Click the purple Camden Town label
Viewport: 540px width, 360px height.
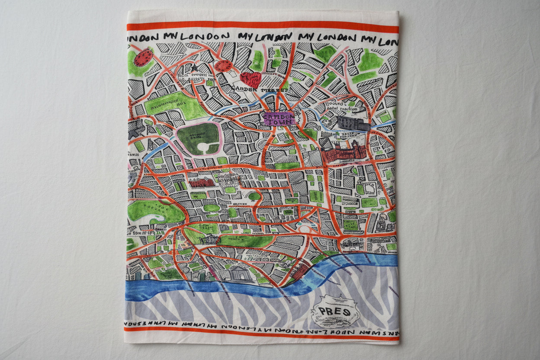point(278,118)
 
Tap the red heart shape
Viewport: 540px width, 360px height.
point(251,79)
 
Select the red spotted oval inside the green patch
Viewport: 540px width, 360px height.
point(143,57)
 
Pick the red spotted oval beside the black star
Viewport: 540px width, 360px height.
point(223,66)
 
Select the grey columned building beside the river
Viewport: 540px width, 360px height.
point(238,273)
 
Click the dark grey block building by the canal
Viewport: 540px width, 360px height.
point(352,124)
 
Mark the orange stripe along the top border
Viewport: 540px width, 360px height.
point(263,27)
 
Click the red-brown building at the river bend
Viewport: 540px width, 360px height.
point(300,272)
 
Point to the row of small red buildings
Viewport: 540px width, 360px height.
point(202,183)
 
